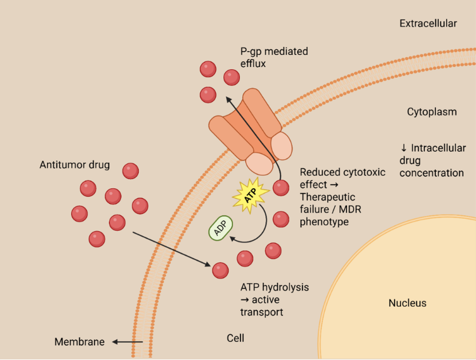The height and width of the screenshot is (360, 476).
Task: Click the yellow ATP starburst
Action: click(x=250, y=195)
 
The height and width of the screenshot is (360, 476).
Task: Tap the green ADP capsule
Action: click(x=221, y=228)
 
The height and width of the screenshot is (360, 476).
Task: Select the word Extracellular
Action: click(x=428, y=23)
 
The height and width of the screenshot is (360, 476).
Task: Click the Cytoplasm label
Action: click(x=432, y=112)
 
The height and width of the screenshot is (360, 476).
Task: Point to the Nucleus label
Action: click(x=407, y=303)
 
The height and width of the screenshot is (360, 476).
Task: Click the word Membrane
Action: click(x=80, y=342)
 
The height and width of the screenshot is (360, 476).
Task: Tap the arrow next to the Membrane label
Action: click(x=128, y=342)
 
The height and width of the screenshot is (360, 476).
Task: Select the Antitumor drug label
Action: click(x=74, y=165)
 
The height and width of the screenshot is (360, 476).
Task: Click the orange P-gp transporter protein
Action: click(x=250, y=132)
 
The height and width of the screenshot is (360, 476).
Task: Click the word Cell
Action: click(x=235, y=338)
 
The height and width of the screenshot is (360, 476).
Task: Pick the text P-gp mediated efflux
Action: click(x=274, y=57)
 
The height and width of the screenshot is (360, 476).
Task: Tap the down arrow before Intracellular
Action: click(x=403, y=148)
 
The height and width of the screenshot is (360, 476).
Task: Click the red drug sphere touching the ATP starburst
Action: click(x=281, y=188)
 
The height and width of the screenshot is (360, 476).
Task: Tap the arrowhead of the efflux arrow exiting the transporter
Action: click(x=229, y=100)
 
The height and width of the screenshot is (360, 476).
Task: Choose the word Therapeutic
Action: click(x=328, y=197)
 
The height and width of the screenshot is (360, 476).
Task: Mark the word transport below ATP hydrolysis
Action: click(x=262, y=312)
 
